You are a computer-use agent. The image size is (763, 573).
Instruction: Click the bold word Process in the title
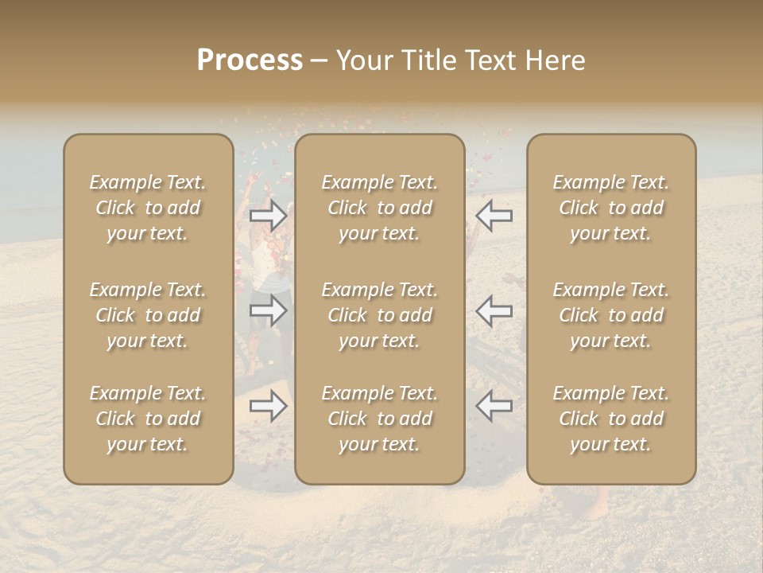[x=250, y=60]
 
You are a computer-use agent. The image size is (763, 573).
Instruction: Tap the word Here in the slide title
[x=554, y=60]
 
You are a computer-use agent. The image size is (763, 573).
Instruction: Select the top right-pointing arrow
[x=269, y=215]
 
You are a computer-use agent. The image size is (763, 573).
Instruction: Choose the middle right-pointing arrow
[x=269, y=311]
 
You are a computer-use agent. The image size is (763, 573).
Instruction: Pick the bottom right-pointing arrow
[x=269, y=407]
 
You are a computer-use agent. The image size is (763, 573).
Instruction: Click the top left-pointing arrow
[x=494, y=215]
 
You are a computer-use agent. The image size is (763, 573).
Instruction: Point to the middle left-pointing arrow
[x=494, y=311]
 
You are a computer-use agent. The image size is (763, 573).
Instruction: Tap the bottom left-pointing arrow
[x=494, y=407]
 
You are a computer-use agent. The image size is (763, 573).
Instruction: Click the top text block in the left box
[x=148, y=208]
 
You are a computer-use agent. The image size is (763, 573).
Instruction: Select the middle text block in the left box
[x=148, y=315]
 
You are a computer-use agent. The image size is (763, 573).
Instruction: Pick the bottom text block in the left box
[x=148, y=419]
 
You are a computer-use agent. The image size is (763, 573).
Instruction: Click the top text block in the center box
[x=379, y=208]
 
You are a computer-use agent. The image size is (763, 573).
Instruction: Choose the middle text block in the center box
[x=379, y=315]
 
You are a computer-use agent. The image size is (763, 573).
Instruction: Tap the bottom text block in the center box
[x=379, y=419]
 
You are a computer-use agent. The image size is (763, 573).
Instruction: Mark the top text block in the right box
[x=610, y=208]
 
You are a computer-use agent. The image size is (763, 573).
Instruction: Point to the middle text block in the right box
[x=610, y=315]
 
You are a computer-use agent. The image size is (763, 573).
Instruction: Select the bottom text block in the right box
[x=610, y=419]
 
